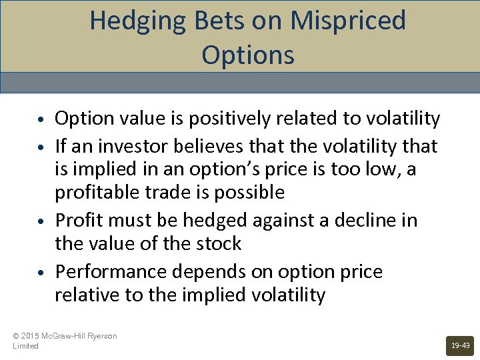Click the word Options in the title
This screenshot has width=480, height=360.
click(247, 55)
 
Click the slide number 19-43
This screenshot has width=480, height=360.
click(461, 345)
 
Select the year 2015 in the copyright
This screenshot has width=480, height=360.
click(31, 336)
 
